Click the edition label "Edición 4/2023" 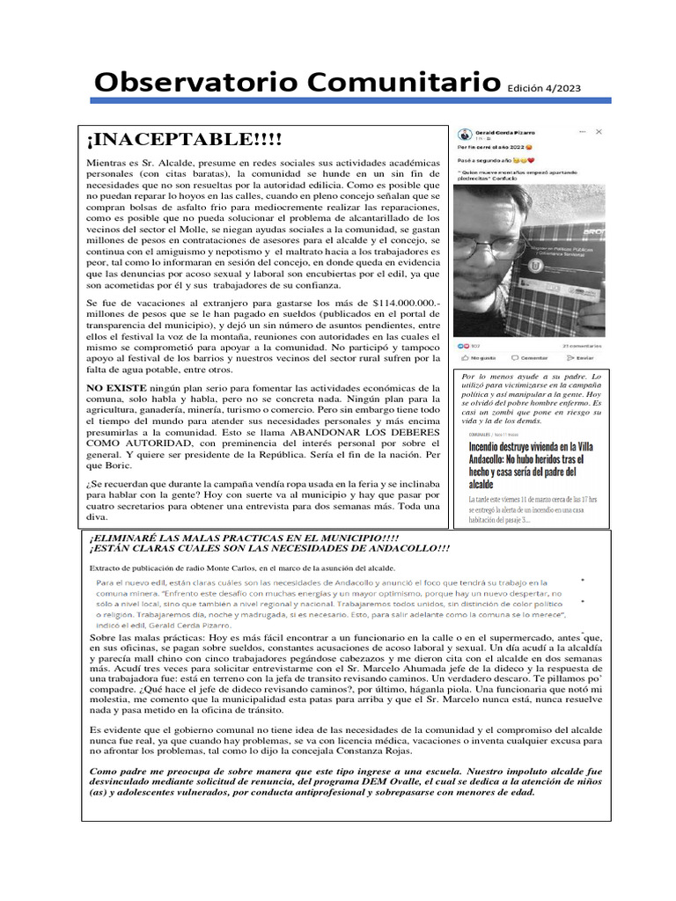coord(543,88)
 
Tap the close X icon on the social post coord(599,131)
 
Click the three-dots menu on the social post coord(582,131)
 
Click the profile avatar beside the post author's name coord(464,135)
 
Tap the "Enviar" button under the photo coord(581,358)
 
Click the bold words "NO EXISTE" coord(117,387)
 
